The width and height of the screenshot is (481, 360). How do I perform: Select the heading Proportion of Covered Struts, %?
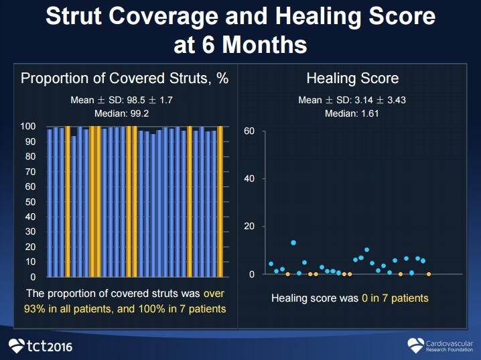click(125, 78)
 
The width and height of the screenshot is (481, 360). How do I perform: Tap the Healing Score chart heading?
click(352, 78)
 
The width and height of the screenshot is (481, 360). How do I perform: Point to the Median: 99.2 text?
click(125, 113)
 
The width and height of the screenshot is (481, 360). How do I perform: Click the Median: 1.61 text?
click(352, 113)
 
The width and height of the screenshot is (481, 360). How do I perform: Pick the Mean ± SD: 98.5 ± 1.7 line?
click(125, 101)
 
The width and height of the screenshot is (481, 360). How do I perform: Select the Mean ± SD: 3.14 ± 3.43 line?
click(352, 101)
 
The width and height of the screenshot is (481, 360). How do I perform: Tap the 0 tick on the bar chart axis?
click(33, 276)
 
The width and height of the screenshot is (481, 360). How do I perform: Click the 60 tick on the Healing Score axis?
click(249, 131)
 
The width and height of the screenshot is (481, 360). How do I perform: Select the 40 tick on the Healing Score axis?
click(249, 179)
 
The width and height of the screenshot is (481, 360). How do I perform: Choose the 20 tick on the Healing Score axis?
click(249, 227)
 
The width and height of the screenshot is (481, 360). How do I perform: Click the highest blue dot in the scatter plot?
click(293, 243)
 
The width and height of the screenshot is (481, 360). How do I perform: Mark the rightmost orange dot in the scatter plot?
click(429, 274)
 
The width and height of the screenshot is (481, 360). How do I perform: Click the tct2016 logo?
click(40, 346)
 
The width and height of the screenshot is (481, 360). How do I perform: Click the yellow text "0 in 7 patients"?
click(394, 298)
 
